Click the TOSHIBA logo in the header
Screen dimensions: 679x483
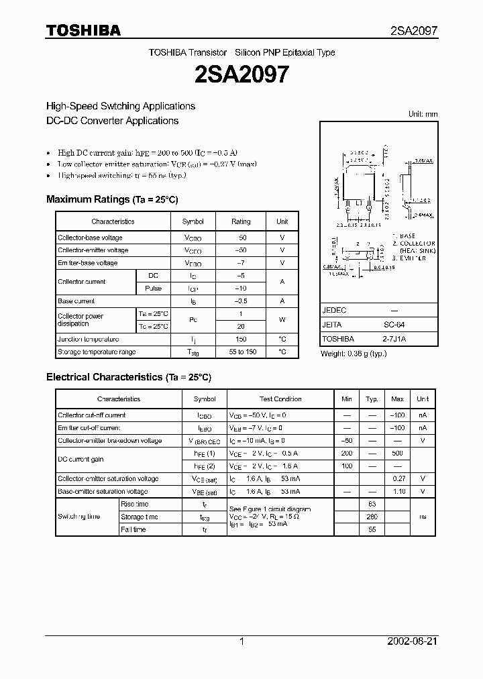84,30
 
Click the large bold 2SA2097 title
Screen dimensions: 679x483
241,74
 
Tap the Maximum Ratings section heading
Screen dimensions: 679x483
112,199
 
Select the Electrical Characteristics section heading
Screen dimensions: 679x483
129,377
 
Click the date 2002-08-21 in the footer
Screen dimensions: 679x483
413,641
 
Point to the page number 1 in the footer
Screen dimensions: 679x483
241,641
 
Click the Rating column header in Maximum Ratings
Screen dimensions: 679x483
241,221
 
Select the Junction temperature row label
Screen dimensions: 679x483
89,339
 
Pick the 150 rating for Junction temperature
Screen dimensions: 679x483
241,339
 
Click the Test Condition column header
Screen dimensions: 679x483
280,399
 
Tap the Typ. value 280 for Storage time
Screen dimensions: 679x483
372,517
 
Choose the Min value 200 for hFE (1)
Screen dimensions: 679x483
346,454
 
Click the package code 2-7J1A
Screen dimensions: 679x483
394,339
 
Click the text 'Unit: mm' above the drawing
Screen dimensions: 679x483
423,114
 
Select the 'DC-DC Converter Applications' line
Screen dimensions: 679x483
112,121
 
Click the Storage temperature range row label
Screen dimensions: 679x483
97,352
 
